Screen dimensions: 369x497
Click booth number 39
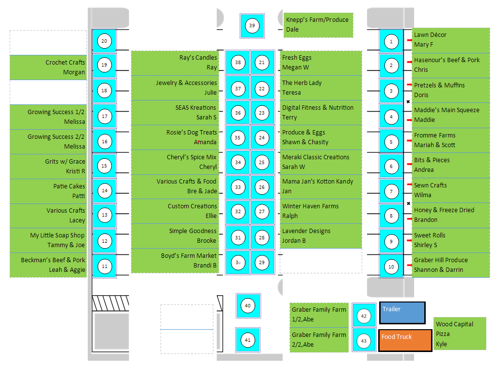[252, 26]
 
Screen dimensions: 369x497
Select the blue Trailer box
[402, 313]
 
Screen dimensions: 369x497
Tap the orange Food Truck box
[405, 340]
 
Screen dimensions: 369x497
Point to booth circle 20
[104, 41]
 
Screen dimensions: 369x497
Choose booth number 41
[248, 340]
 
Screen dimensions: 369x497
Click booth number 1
[391, 42]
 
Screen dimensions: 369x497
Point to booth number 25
[262, 162]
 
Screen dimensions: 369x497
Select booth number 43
[364, 340]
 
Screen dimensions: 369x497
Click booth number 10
[391, 267]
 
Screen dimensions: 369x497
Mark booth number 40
[248, 306]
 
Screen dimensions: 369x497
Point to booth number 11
[104, 267]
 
